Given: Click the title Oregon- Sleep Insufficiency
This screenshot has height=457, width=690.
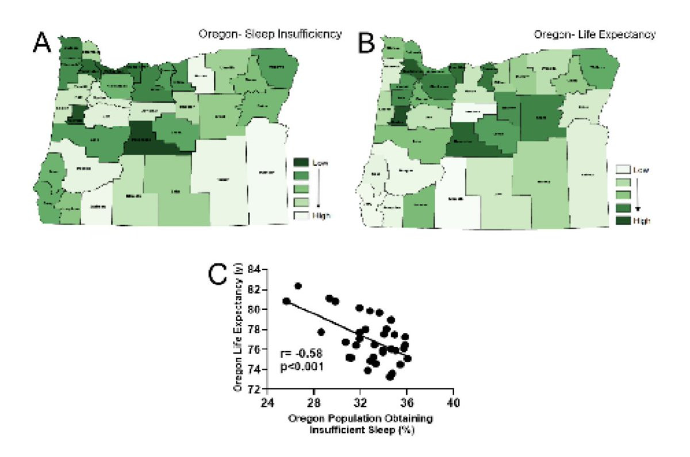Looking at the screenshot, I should click(267, 34).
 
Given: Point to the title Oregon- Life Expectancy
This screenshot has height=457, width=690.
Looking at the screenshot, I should click(594, 34).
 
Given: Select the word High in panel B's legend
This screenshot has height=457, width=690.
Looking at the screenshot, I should click(642, 220).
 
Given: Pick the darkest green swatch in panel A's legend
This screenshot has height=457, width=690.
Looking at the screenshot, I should click(302, 163).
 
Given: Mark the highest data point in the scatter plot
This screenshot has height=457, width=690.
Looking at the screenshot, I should click(298, 286).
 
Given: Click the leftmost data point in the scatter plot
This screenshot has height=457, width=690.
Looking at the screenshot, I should click(286, 301).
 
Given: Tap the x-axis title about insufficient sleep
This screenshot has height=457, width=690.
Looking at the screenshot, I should click(361, 423).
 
